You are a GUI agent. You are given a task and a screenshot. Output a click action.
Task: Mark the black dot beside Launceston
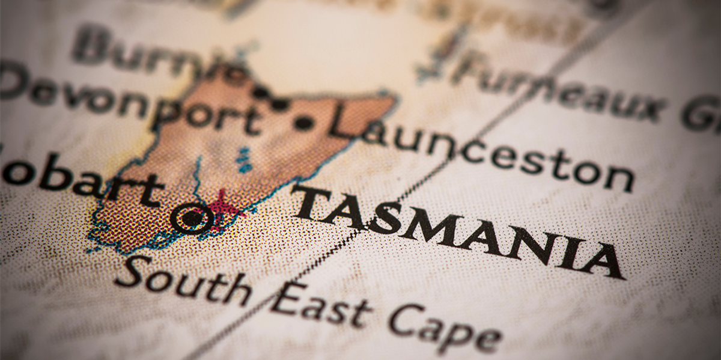point(304,123)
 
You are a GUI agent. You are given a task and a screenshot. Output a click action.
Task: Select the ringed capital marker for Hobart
point(192,218)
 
